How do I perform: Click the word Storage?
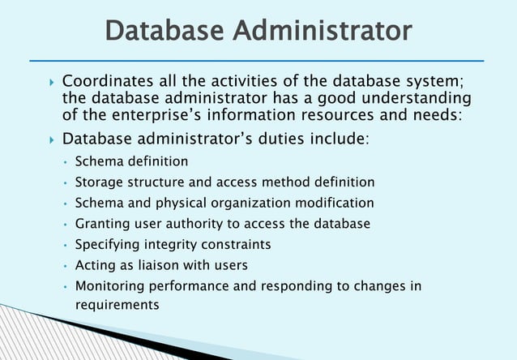(100, 182)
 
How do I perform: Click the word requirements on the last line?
(117, 305)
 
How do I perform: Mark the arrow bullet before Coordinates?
(50, 83)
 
